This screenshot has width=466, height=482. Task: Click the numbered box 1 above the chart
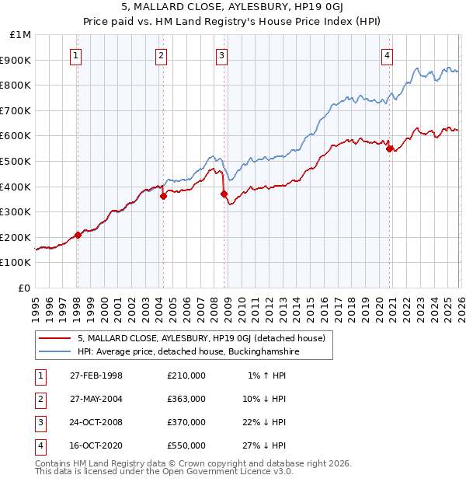[x=76, y=55]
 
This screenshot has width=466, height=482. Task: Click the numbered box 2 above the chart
[x=161, y=55]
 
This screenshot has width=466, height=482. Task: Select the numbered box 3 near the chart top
[x=221, y=55]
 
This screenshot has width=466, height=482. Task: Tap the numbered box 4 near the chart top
[x=387, y=55]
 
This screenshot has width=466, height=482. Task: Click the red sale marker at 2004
[x=164, y=197]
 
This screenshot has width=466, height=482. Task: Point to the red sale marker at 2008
[x=224, y=194]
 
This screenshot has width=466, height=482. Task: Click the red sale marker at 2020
[x=389, y=149]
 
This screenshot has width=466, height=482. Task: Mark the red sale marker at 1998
[x=78, y=235]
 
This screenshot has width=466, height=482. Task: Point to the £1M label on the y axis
[x=21, y=35]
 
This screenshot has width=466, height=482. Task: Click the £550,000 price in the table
[x=186, y=445]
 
